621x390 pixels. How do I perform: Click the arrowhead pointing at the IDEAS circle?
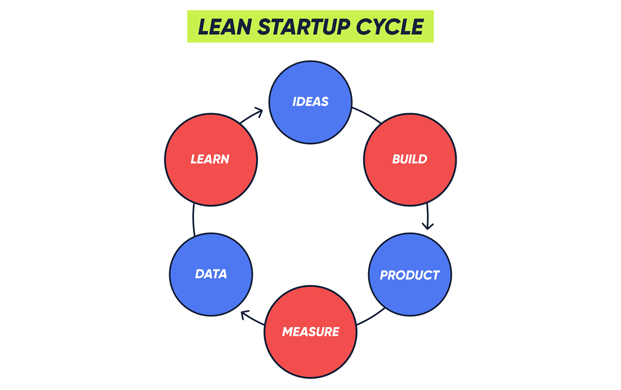coord(259,111)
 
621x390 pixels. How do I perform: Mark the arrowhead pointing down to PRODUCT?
coord(428,225)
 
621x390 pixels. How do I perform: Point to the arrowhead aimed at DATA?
coord(245,315)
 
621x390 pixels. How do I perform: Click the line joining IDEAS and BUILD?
coord(367,114)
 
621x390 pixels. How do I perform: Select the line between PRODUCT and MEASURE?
coord(371,317)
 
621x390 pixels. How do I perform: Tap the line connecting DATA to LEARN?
coord(193,220)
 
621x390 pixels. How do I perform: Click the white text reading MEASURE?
coord(310,332)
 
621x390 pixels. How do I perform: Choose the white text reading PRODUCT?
coord(410,275)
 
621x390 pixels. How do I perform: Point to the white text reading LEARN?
coord(210,159)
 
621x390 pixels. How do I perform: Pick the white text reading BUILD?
coord(410,159)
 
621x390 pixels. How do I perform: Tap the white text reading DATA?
coord(211,274)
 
